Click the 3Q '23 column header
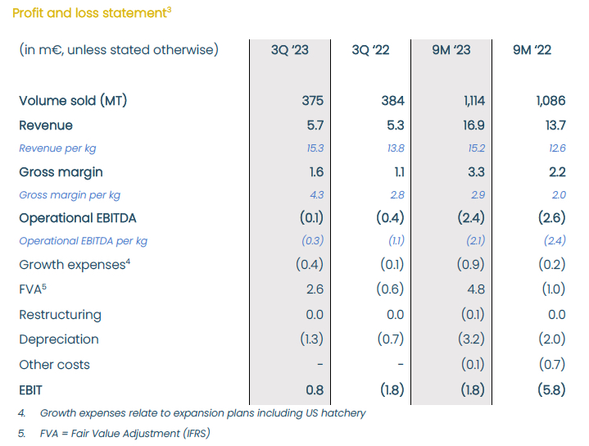tap(290, 50)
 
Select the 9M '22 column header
tap(532, 50)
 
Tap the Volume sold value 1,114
tap(474, 101)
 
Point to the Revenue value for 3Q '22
tap(396, 125)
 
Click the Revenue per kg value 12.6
tap(557, 148)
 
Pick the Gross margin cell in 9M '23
tap(476, 172)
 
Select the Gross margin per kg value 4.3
tap(317, 195)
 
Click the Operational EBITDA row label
tap(78, 218)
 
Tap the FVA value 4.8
tap(476, 289)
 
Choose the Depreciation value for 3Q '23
tap(311, 339)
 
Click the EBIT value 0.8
tap(315, 390)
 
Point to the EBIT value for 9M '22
tap(551, 390)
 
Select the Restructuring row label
tap(60, 315)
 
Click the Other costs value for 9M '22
tap(552, 364)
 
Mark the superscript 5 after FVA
tap(44, 287)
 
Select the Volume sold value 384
tap(393, 101)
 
